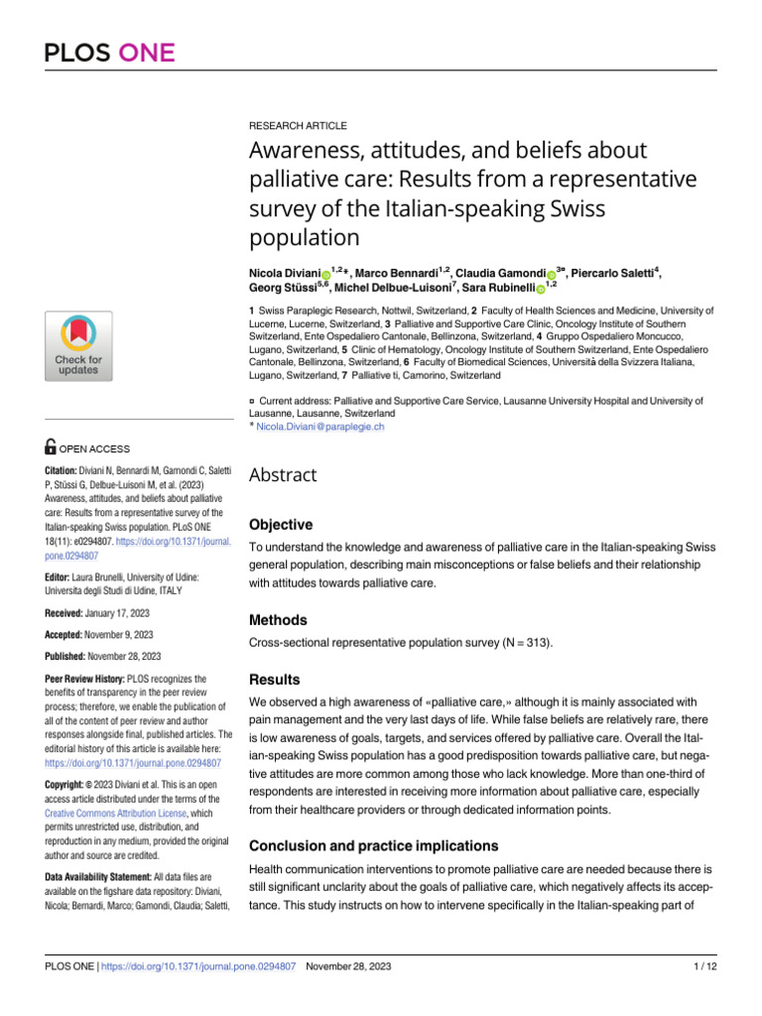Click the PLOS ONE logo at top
109,54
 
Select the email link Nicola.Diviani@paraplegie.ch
319,426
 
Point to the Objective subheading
280,524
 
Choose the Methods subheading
278,619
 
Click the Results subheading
274,680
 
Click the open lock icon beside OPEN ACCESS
52,447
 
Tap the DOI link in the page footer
200,966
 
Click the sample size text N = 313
523,643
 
